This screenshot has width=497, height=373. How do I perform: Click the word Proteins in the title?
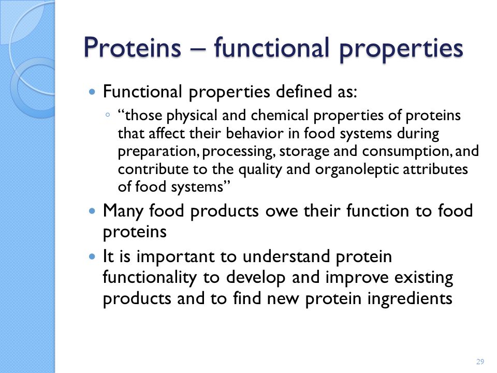click(132, 48)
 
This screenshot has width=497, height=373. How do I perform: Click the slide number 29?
click(480, 361)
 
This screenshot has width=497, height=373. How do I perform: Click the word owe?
click(282, 211)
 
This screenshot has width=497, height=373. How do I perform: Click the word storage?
click(304, 152)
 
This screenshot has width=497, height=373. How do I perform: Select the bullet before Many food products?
click(92, 211)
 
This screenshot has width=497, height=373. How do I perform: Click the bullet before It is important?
click(92, 256)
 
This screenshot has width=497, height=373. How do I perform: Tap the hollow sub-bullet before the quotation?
click(108, 115)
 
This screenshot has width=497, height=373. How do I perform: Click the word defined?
click(304, 92)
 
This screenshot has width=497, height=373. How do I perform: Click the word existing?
click(424, 278)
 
